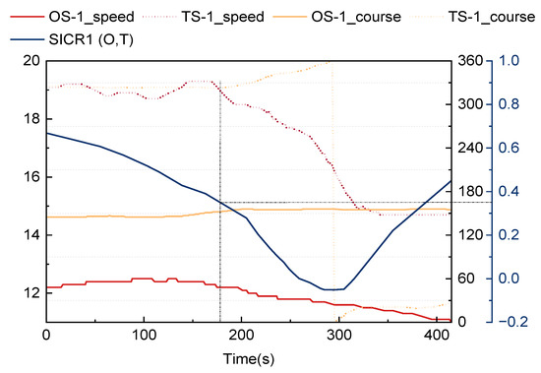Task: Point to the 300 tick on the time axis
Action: [x=338, y=334]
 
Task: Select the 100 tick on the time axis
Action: [x=145, y=334]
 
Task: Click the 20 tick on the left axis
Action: [x=30, y=61]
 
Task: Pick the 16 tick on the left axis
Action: [x=30, y=177]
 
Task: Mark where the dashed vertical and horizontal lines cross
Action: [x=219, y=203]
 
